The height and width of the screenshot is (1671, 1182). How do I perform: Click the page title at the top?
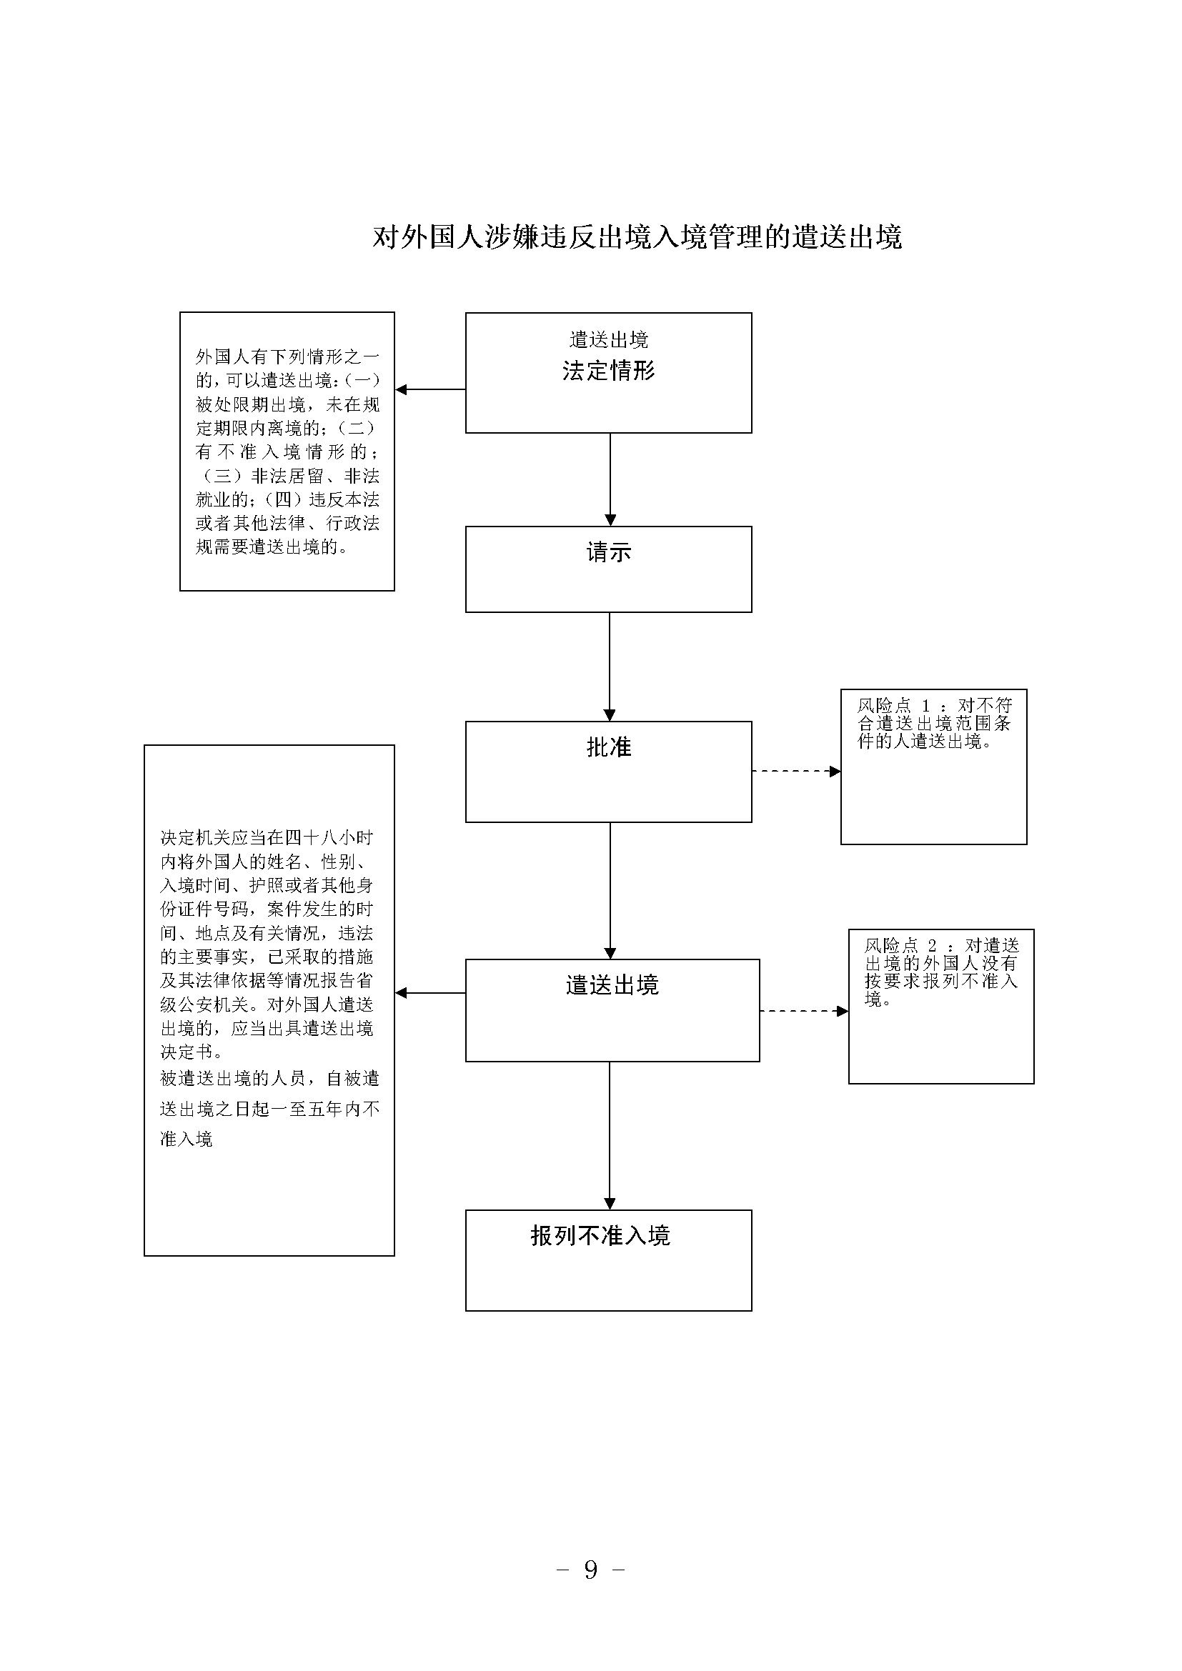click(637, 237)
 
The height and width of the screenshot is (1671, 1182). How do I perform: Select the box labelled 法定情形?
click(608, 373)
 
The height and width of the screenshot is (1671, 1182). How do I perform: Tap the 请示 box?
click(608, 569)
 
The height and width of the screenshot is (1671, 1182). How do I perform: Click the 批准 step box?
click(608, 772)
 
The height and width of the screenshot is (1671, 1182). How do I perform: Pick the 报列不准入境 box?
click(608, 1260)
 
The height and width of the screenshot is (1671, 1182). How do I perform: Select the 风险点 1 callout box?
click(934, 767)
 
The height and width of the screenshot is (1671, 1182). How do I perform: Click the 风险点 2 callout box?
click(941, 1007)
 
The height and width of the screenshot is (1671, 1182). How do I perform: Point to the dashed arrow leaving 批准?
click(796, 771)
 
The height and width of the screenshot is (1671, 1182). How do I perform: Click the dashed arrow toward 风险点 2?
click(804, 1011)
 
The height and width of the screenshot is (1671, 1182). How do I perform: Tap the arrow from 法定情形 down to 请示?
click(610, 479)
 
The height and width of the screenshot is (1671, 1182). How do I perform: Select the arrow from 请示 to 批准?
click(610, 667)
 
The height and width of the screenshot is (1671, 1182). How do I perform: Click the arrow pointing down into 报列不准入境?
click(610, 1136)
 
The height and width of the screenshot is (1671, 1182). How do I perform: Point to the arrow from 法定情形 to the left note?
click(430, 389)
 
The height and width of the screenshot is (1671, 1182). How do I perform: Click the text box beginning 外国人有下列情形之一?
click(287, 452)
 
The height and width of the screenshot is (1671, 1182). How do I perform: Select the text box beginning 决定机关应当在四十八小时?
click(269, 1000)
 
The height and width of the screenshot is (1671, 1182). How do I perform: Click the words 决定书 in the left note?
click(187, 1052)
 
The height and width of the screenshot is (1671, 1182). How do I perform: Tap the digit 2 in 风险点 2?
click(932, 945)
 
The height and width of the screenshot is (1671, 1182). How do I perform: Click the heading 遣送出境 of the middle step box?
click(612, 985)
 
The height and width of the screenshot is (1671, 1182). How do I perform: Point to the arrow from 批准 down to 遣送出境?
click(610, 891)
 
